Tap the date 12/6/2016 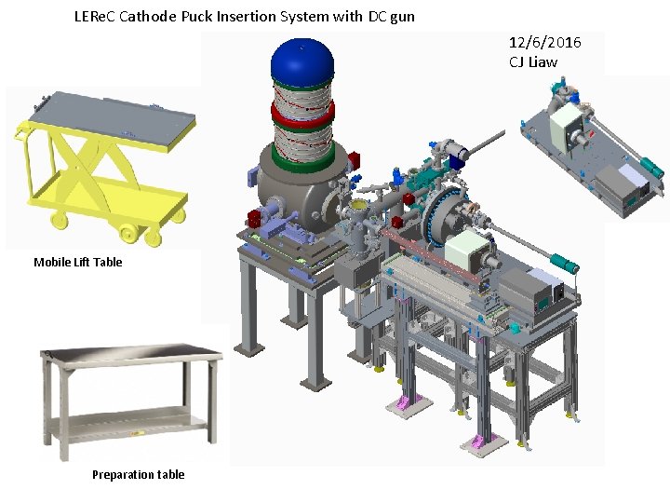point(544,42)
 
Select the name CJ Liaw point(533,62)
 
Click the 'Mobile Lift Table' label point(78,262)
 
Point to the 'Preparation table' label point(139,474)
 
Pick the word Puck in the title point(197,17)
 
